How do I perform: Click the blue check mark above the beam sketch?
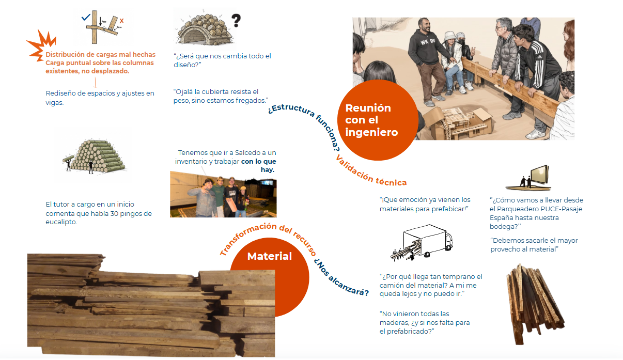(x=86, y=17)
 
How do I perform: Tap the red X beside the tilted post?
(x=121, y=21)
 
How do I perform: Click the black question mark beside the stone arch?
(x=236, y=21)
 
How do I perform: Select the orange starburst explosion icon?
(x=42, y=45)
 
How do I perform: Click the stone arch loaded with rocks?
(x=205, y=30)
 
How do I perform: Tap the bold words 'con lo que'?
(x=259, y=161)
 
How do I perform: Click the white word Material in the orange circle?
(x=270, y=256)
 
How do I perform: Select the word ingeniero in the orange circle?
(x=371, y=132)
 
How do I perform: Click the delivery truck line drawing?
(x=422, y=242)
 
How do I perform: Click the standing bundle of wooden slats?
(x=534, y=304)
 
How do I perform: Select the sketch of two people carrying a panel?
(x=528, y=178)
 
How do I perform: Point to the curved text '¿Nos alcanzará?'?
(x=341, y=278)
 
